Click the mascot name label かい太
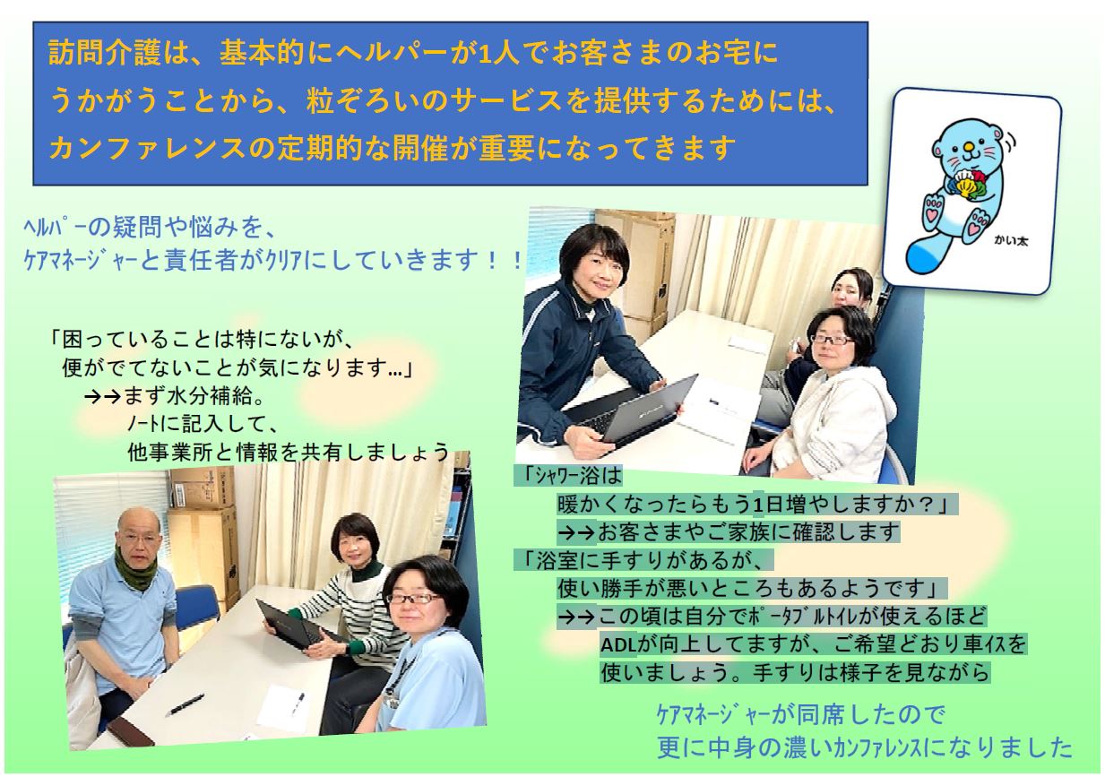coord(1011,241)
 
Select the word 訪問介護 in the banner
coord(105,52)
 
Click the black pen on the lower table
coord(186,705)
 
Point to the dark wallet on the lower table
coord(133,731)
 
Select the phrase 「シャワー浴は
coord(568,476)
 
